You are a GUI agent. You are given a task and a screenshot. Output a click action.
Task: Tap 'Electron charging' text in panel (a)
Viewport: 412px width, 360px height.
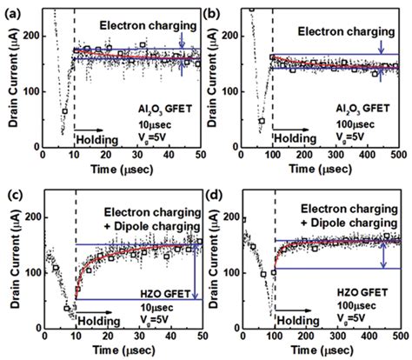[136, 26]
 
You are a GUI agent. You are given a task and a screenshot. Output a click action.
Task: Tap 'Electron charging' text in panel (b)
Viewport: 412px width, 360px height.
[344, 32]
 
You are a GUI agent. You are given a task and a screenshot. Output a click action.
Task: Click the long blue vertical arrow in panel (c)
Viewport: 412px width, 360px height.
[196, 270]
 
